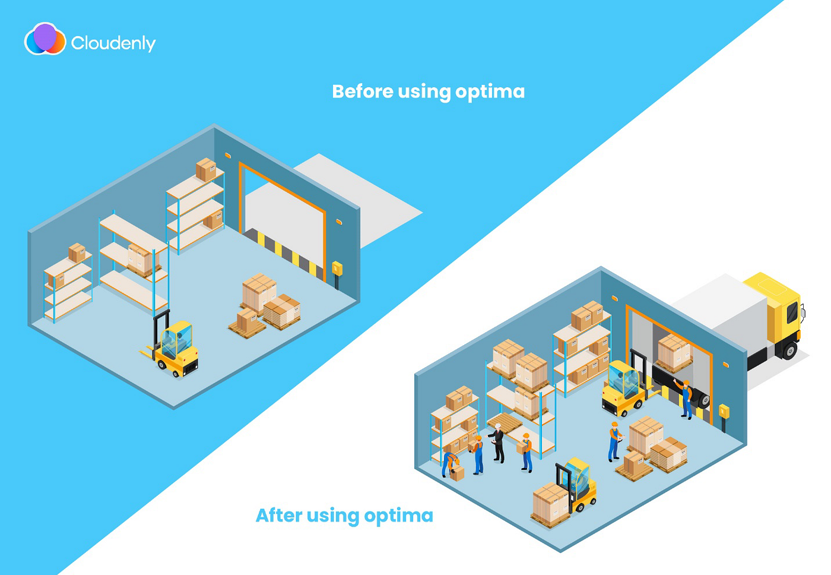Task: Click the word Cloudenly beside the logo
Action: click(x=113, y=43)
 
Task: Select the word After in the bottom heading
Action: click(x=278, y=515)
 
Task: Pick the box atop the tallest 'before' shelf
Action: click(x=206, y=169)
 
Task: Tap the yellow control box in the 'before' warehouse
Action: click(x=337, y=268)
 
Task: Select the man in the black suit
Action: click(x=498, y=443)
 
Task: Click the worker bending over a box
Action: click(x=451, y=463)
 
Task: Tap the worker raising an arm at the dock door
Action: click(x=685, y=398)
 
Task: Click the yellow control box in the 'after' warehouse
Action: click(x=724, y=411)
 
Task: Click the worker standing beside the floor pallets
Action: click(x=614, y=441)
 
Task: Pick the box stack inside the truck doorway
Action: click(x=674, y=352)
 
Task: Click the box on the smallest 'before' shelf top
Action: click(x=77, y=252)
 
